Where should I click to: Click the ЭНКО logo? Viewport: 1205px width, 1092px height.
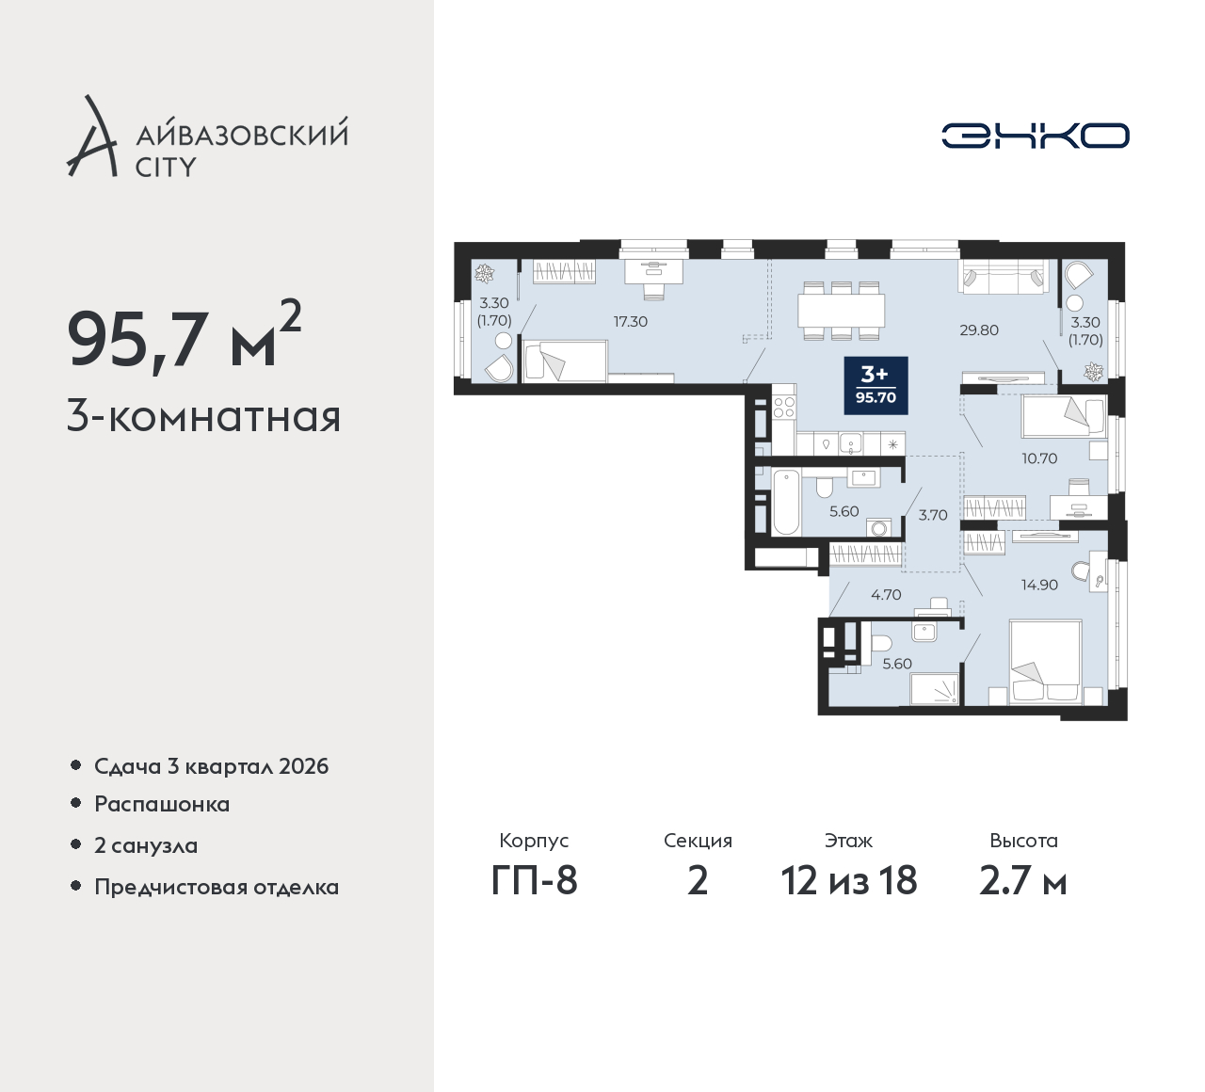pos(1035,136)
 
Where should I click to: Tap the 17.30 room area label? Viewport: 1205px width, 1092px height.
pos(630,322)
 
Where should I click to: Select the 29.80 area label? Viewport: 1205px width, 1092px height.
pos(978,329)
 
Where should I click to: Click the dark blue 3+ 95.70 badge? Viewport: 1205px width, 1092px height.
pos(876,386)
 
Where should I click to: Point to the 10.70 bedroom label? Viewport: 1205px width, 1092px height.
pos(1039,458)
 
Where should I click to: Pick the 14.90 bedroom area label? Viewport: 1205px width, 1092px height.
pos(1039,585)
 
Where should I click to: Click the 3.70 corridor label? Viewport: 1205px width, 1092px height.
pos(933,515)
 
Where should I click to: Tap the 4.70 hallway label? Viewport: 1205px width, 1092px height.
pos(886,595)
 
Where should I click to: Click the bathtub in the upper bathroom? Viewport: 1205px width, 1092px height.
pos(786,504)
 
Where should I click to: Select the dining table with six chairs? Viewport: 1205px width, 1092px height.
pos(841,311)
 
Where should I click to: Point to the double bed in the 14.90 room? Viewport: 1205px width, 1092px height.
pos(1045,662)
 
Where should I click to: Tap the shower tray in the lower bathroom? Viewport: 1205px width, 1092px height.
pos(934,689)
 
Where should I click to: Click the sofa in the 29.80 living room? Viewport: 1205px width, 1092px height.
pos(1004,277)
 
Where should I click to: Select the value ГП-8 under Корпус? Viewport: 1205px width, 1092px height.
pos(534,881)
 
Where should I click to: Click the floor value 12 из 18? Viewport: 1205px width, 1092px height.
pos(849,881)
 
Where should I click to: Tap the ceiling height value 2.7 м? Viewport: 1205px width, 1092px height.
pos(1023,881)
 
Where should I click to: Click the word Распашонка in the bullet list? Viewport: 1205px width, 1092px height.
pos(162,804)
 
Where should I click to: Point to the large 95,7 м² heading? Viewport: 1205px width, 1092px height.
pos(184,338)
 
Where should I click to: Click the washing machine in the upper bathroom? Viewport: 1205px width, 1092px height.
pos(879,528)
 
